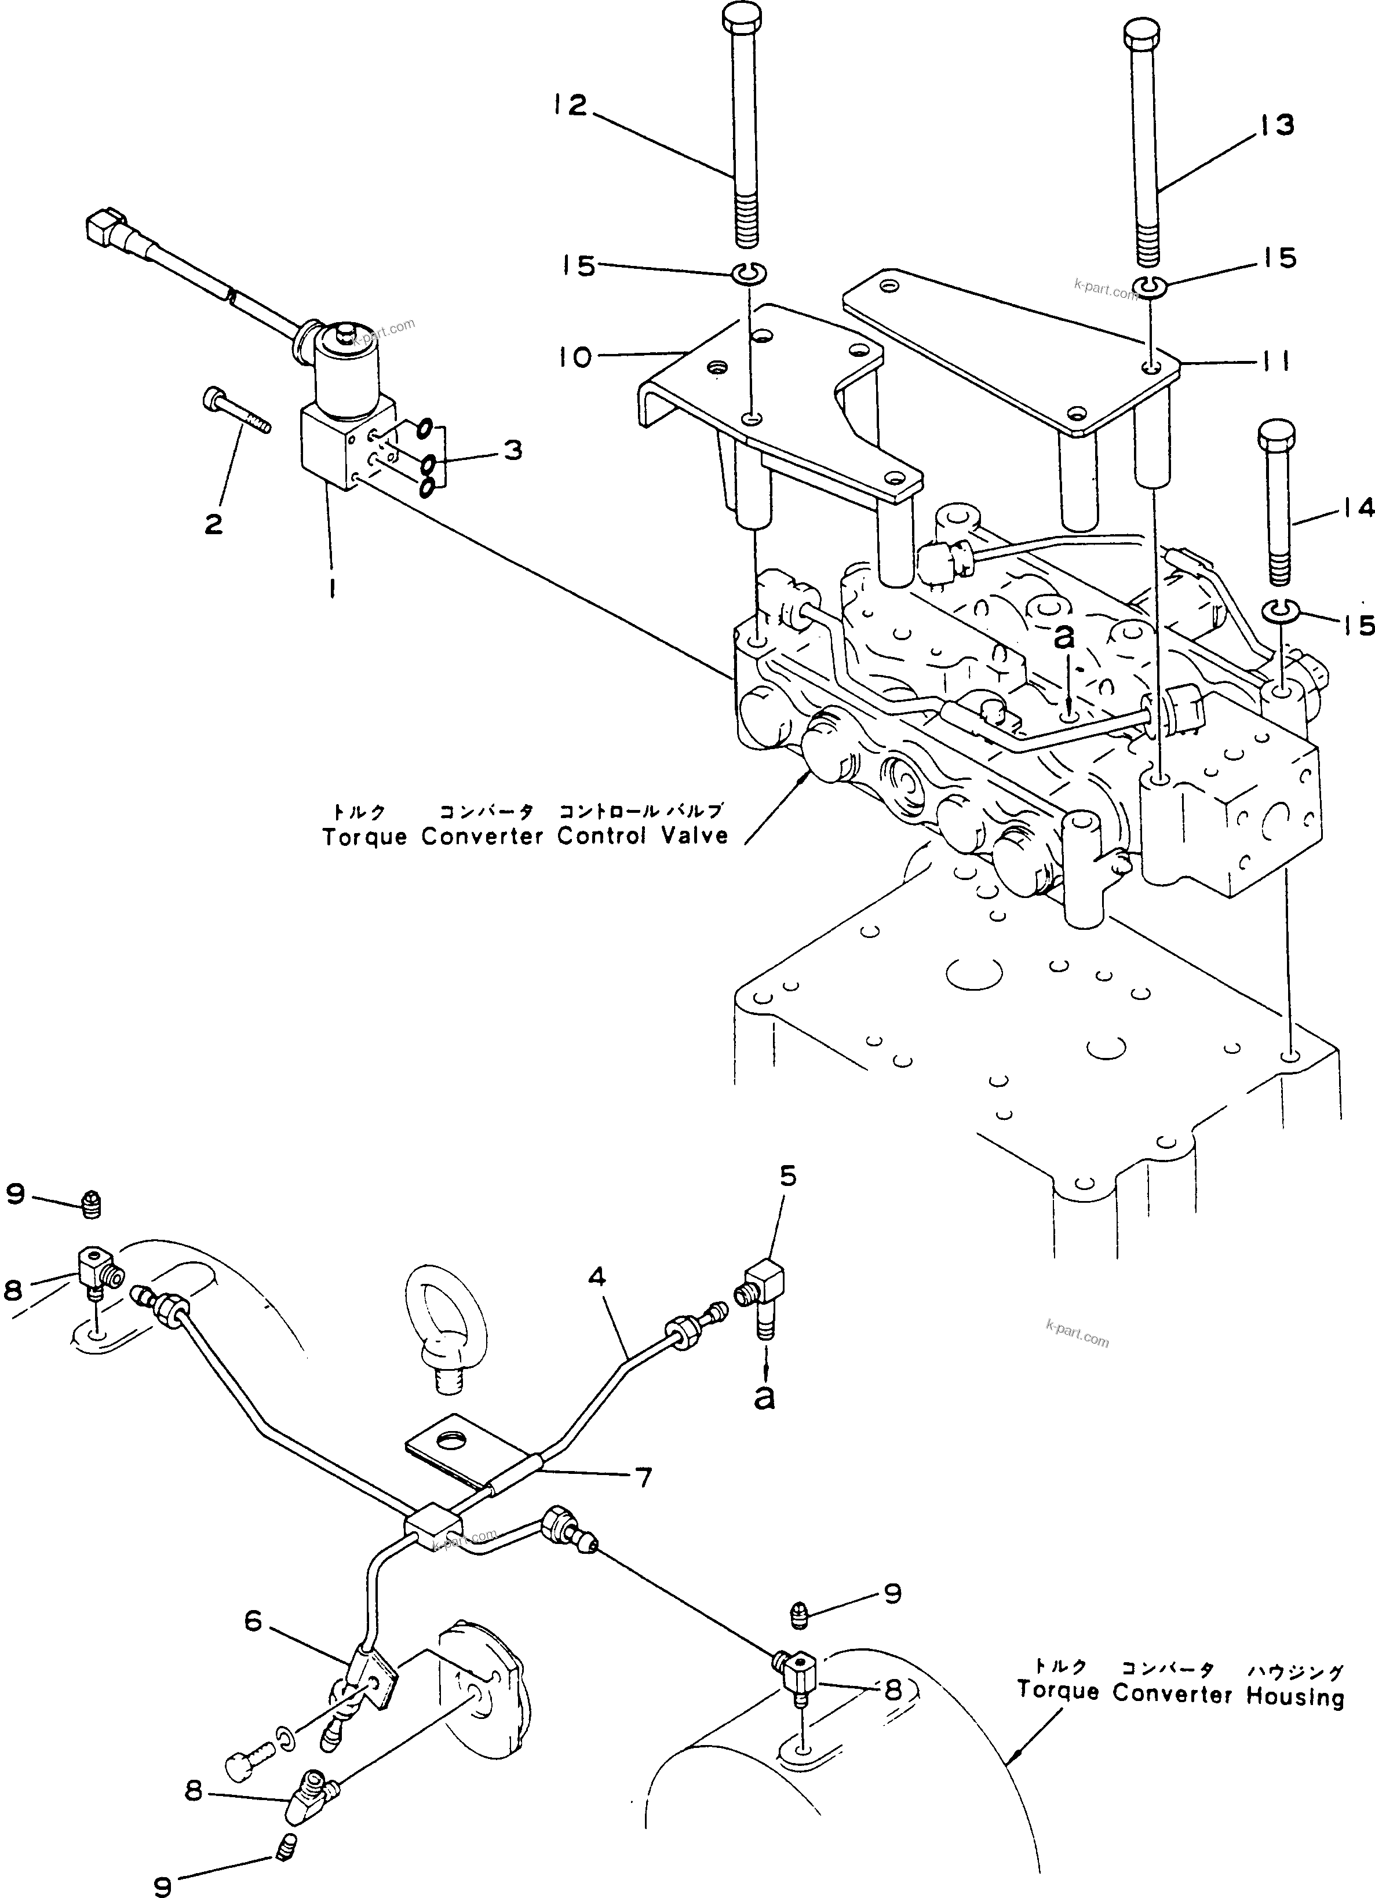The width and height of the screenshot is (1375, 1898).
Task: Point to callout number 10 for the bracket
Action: [x=577, y=357]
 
